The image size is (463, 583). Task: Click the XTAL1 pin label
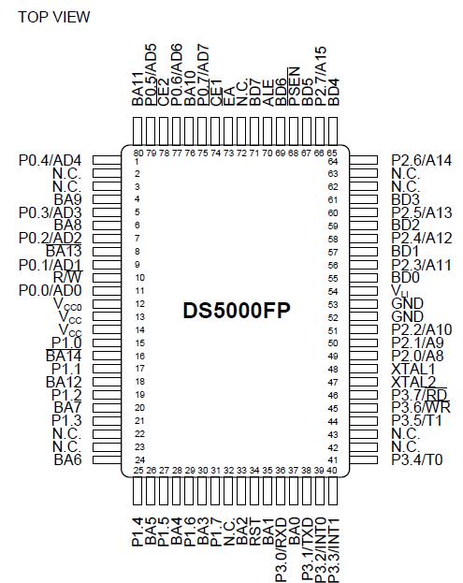coord(412,369)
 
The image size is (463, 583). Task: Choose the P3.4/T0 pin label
coord(416,460)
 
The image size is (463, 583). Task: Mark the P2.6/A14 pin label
coord(422,160)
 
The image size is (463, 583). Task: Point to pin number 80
coord(137,153)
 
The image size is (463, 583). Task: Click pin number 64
coord(332,161)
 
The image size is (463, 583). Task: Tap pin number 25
coord(137,469)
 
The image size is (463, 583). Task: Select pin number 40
coord(332,469)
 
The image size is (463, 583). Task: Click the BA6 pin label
coord(69,460)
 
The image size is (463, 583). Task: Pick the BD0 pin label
coord(405,277)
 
